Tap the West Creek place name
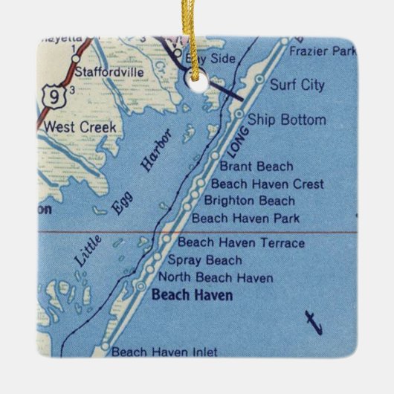(x=80, y=127)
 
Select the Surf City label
(x=297, y=85)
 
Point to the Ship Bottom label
(x=286, y=119)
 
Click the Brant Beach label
(x=252, y=167)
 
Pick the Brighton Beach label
(x=249, y=201)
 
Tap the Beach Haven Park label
(x=245, y=218)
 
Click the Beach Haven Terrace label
(x=241, y=242)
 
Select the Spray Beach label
(x=204, y=260)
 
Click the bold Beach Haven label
(x=192, y=296)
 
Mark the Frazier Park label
(x=323, y=52)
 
